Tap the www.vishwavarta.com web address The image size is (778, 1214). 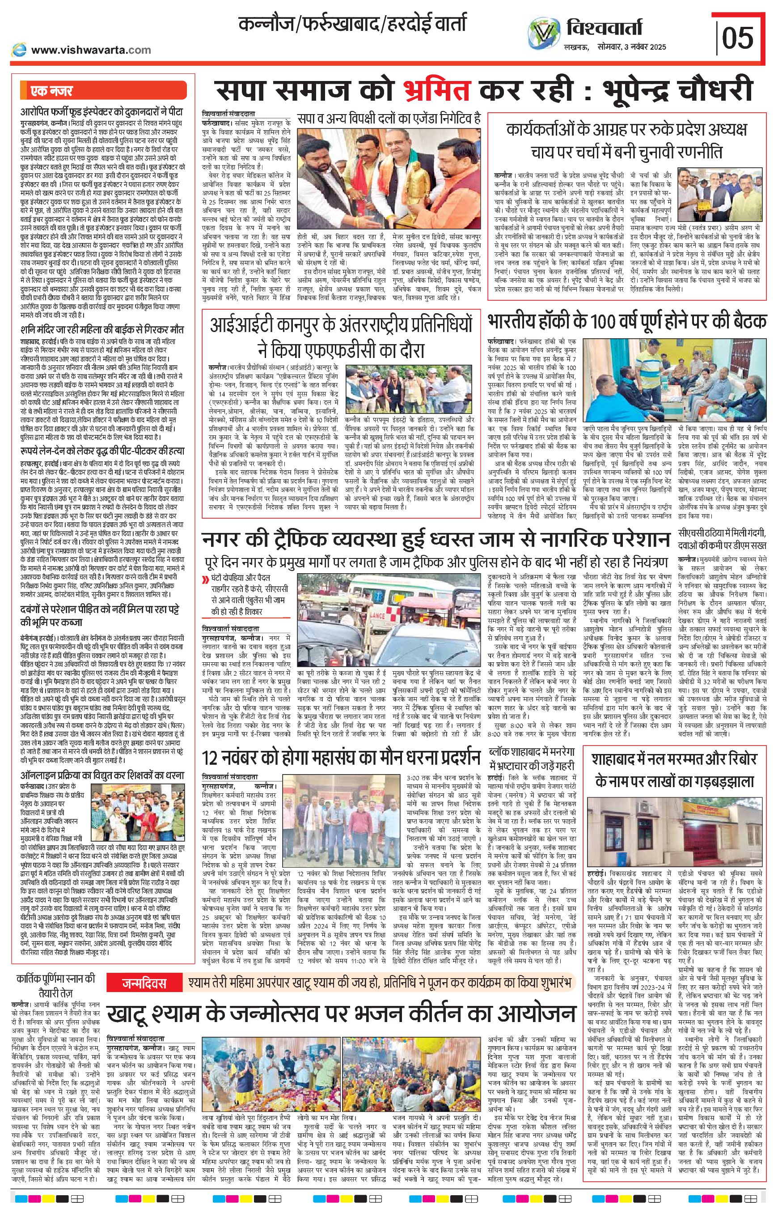(91, 50)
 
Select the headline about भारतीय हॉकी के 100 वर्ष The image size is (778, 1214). (627, 322)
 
